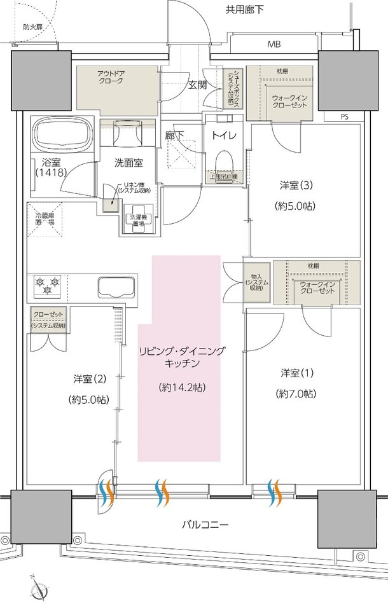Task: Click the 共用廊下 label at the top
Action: coord(244,10)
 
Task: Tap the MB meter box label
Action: coord(274,45)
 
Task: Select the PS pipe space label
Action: coord(344,117)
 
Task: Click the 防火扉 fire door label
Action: coord(32,27)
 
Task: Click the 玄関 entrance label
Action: coord(197,85)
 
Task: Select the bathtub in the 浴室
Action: coord(63,134)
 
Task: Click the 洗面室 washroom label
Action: coord(128,163)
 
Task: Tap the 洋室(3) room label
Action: coord(296,186)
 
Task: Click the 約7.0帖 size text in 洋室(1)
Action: coord(296,394)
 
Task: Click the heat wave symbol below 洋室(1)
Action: coord(275,490)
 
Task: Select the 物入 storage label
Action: coord(257,281)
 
